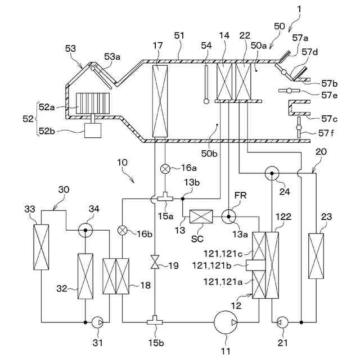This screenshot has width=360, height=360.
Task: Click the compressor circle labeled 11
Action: pos(226,322)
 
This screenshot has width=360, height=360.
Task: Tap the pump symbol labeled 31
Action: pos(97,322)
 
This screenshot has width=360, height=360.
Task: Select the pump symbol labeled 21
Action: pos(282,322)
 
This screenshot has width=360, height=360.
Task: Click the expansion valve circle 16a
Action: pos(165,169)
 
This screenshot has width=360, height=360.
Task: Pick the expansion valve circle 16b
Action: pos(122,230)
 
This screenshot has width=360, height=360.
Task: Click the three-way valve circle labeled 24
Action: pos(272,173)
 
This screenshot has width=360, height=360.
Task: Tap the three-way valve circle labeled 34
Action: pos(85,230)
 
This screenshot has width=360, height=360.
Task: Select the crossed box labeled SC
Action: pos(201,217)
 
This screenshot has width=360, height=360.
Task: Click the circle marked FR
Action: pos(229,217)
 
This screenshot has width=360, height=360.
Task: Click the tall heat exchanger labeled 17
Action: pos(160,101)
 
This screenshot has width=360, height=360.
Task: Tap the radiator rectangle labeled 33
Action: pos(41,247)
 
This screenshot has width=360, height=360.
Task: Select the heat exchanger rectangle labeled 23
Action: pos(316,256)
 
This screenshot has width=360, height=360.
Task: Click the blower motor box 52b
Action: pos(93,130)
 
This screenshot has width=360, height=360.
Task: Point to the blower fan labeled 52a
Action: pos(93,103)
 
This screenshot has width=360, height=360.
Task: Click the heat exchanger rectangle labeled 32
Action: pos(85,276)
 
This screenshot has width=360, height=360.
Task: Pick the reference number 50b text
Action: pos(209,154)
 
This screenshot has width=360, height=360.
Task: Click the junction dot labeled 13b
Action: pos(183,199)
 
